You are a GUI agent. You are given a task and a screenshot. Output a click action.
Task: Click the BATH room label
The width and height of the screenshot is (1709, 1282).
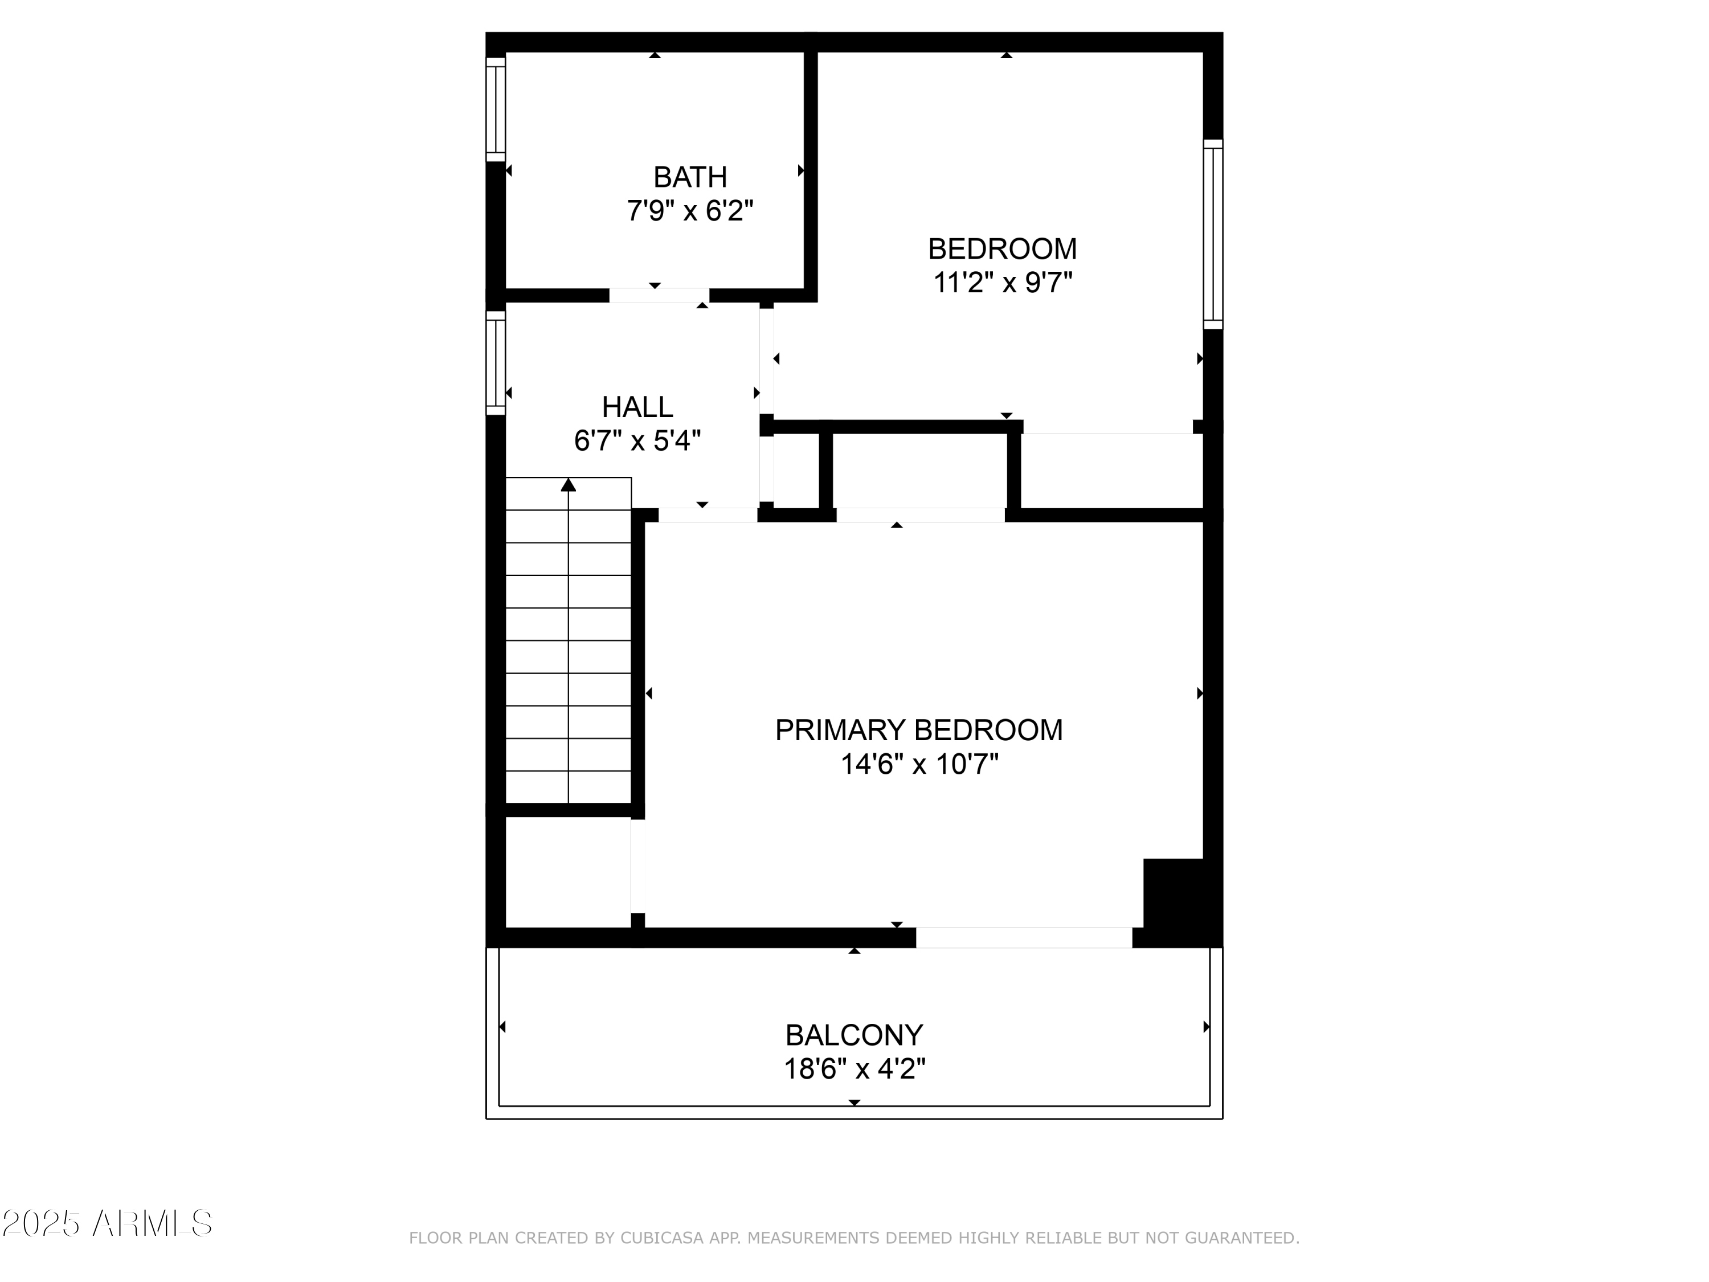690,178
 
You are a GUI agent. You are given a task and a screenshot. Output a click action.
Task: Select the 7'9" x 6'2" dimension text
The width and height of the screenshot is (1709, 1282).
690,211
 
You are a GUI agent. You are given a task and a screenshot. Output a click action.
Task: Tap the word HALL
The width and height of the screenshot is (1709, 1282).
637,407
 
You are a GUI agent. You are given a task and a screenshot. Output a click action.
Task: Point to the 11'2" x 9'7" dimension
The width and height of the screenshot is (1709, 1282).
1003,283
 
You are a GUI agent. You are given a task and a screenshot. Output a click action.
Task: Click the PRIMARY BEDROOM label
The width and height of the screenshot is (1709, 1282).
919,730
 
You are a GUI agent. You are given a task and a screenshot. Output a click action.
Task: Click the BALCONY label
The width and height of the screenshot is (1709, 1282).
854,1035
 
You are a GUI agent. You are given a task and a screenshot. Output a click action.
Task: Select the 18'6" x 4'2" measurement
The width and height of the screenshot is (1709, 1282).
854,1069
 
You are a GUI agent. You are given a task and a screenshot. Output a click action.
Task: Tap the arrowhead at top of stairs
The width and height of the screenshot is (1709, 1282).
569,484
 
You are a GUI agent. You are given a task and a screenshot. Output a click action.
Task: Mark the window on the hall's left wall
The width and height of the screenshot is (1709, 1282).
495,362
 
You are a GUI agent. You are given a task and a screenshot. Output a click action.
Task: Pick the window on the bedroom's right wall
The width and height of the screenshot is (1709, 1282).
1213,234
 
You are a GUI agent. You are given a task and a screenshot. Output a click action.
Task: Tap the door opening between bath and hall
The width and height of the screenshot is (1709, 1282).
659,295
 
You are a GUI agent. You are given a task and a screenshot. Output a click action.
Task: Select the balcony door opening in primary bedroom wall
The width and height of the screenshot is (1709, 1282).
1024,937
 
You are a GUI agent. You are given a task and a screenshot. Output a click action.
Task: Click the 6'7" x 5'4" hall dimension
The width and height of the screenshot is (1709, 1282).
637,441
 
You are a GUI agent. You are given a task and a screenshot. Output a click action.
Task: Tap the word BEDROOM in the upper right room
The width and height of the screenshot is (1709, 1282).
1002,249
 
